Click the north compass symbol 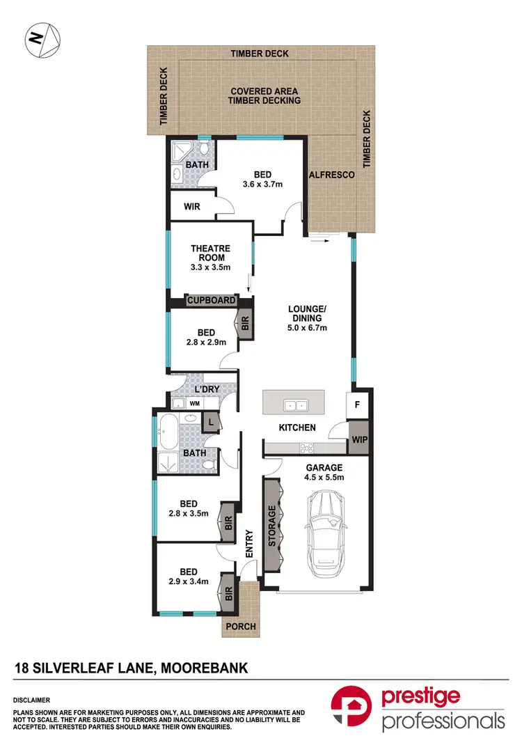coord(42,40)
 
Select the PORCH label coord(240,627)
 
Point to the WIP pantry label coord(358,439)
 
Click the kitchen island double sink coord(296,405)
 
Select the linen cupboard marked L coord(210,421)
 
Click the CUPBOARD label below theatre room coord(211,300)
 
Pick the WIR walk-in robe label coord(193,207)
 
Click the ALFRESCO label coord(332,175)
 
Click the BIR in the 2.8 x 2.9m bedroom coord(244,323)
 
